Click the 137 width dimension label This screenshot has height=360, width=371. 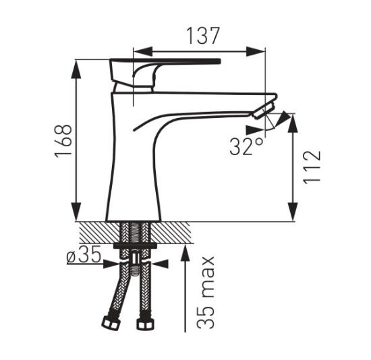point(203,36)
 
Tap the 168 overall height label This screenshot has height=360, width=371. point(63,141)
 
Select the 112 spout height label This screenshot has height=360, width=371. point(312,167)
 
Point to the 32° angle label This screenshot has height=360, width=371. point(246,146)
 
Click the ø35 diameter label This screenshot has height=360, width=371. point(84,254)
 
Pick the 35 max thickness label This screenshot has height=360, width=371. point(206,292)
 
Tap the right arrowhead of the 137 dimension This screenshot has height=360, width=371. point(256,51)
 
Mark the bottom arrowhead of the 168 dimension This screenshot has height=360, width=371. point(76,212)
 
